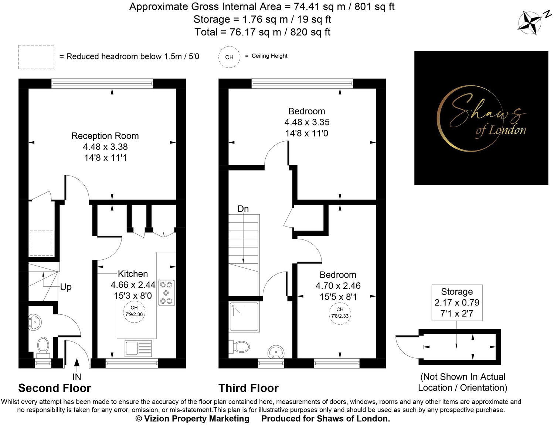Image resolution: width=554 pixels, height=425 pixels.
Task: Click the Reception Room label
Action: tap(105, 136)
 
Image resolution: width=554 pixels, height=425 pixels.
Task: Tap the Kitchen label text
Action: tap(133, 274)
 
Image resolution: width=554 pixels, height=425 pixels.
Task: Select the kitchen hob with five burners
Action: tap(166, 293)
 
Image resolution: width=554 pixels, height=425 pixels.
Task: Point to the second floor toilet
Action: tap(43, 347)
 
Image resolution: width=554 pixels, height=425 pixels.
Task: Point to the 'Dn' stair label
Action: tap(243, 209)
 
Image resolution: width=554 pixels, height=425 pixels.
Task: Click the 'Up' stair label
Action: tap(66, 287)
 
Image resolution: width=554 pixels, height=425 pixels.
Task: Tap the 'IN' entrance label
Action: tap(77, 377)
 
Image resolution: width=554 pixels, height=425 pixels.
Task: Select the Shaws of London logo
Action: tap(481, 118)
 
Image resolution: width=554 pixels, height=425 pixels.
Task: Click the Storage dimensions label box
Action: tap(457, 303)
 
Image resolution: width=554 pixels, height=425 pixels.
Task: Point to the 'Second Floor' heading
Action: tap(54, 388)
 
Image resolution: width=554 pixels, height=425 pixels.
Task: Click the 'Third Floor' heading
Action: tap(248, 388)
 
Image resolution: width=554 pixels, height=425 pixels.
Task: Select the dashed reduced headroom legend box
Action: tap(36, 57)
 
